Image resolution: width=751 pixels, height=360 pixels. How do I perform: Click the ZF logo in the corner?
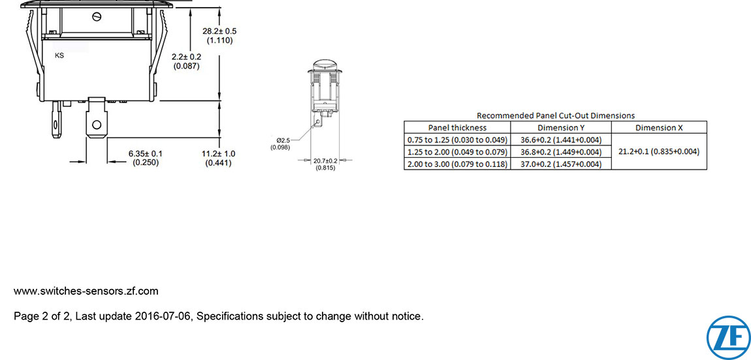[728, 337]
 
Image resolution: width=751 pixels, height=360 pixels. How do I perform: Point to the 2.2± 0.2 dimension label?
[187, 61]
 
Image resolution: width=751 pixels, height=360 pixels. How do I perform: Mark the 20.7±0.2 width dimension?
[325, 164]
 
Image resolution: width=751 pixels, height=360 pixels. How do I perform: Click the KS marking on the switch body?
[59, 56]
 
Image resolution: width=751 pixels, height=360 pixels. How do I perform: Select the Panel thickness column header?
[457, 128]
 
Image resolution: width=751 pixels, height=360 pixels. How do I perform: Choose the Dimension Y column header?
[561, 128]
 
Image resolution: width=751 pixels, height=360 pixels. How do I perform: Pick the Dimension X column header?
[659, 128]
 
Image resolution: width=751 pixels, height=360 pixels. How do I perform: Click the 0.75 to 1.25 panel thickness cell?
[457, 140]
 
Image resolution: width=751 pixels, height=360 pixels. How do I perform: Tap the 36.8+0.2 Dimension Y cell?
[561, 152]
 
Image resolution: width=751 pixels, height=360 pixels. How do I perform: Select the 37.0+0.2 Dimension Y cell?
[561, 164]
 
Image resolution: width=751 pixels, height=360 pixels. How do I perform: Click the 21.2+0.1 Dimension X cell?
[659, 152]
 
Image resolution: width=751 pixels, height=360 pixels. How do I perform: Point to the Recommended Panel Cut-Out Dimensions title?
[555, 115]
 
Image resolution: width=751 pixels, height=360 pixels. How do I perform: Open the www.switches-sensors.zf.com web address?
[86, 291]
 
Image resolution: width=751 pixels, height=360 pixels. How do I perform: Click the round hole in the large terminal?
[97, 124]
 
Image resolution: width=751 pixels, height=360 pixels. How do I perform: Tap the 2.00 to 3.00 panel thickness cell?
[457, 164]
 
